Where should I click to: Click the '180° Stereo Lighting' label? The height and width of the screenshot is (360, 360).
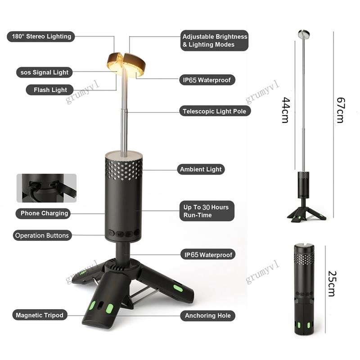pos(41,36)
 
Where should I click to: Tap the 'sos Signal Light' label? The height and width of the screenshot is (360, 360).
pos(44,72)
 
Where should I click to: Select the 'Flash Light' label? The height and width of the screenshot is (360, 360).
pos(50,90)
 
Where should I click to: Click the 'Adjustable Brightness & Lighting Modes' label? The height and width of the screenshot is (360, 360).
pos(215,40)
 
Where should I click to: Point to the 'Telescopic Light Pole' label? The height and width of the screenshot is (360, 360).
pos(215,111)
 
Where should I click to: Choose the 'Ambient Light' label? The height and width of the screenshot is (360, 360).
pos(201,169)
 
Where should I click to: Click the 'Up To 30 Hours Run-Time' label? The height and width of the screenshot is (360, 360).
pos(207,211)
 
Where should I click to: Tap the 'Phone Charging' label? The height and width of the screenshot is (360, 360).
pos(43,213)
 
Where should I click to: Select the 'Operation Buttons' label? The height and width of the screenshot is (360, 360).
pos(42,235)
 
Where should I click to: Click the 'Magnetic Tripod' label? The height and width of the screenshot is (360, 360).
pos(40,315)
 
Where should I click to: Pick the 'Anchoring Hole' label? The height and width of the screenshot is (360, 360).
pos(208,315)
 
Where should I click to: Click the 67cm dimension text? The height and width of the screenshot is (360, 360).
pos(341,110)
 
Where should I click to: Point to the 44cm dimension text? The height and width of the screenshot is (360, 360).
pos(286,110)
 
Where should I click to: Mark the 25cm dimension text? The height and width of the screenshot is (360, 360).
pos(332,284)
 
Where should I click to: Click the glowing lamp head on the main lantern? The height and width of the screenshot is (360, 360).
pos(126,64)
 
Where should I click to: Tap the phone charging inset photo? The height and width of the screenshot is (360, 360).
pos(47,188)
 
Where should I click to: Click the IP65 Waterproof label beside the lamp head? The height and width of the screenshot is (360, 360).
pos(207,80)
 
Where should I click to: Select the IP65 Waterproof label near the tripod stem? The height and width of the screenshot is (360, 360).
pos(208,254)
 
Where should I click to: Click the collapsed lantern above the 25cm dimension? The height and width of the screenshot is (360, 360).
pos(304,290)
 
